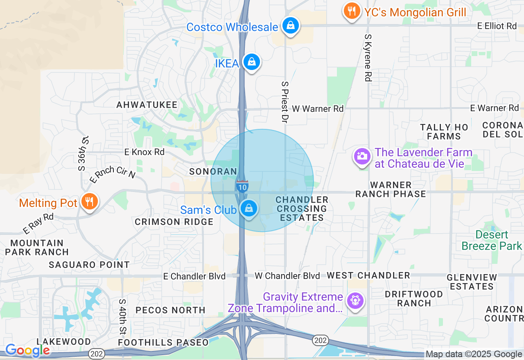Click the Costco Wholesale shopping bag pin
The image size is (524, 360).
point(290,25)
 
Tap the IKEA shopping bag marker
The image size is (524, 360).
point(251,62)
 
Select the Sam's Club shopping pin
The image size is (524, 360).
point(248,209)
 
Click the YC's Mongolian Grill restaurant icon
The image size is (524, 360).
point(352,11)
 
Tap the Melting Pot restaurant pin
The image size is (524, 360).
point(88,202)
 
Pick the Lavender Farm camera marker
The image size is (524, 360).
point(362,156)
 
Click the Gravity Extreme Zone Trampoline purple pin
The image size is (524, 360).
point(355,301)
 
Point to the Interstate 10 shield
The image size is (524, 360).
point(242,187)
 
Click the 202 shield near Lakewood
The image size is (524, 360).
point(97,353)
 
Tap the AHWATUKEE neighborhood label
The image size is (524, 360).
point(147,105)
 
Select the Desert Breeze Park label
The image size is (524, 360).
point(492,240)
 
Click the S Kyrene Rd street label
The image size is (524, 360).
point(368,57)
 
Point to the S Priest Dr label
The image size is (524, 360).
point(285,101)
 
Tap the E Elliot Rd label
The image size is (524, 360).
point(497,26)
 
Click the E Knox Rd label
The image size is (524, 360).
point(145,152)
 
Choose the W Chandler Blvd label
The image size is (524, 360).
point(287,276)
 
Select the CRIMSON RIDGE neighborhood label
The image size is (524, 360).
point(174,222)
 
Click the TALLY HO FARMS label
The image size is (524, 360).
point(444,132)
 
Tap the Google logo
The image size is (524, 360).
point(27,350)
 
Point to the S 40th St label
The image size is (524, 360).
point(122,316)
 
